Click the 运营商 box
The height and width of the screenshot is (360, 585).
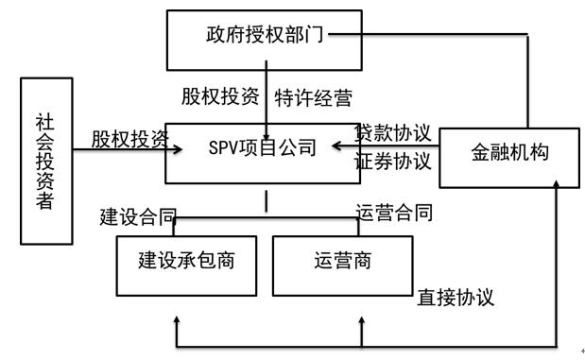[343, 260]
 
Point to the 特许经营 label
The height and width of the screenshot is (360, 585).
[314, 97]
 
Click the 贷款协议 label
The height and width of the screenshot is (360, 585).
[393, 131]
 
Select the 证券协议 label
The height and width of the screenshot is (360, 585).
[393, 161]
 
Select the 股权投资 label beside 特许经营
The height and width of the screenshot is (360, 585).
[221, 97]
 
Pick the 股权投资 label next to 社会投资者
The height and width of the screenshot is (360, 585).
[130, 139]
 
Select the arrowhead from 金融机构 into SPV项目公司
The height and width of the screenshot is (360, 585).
[337, 147]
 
